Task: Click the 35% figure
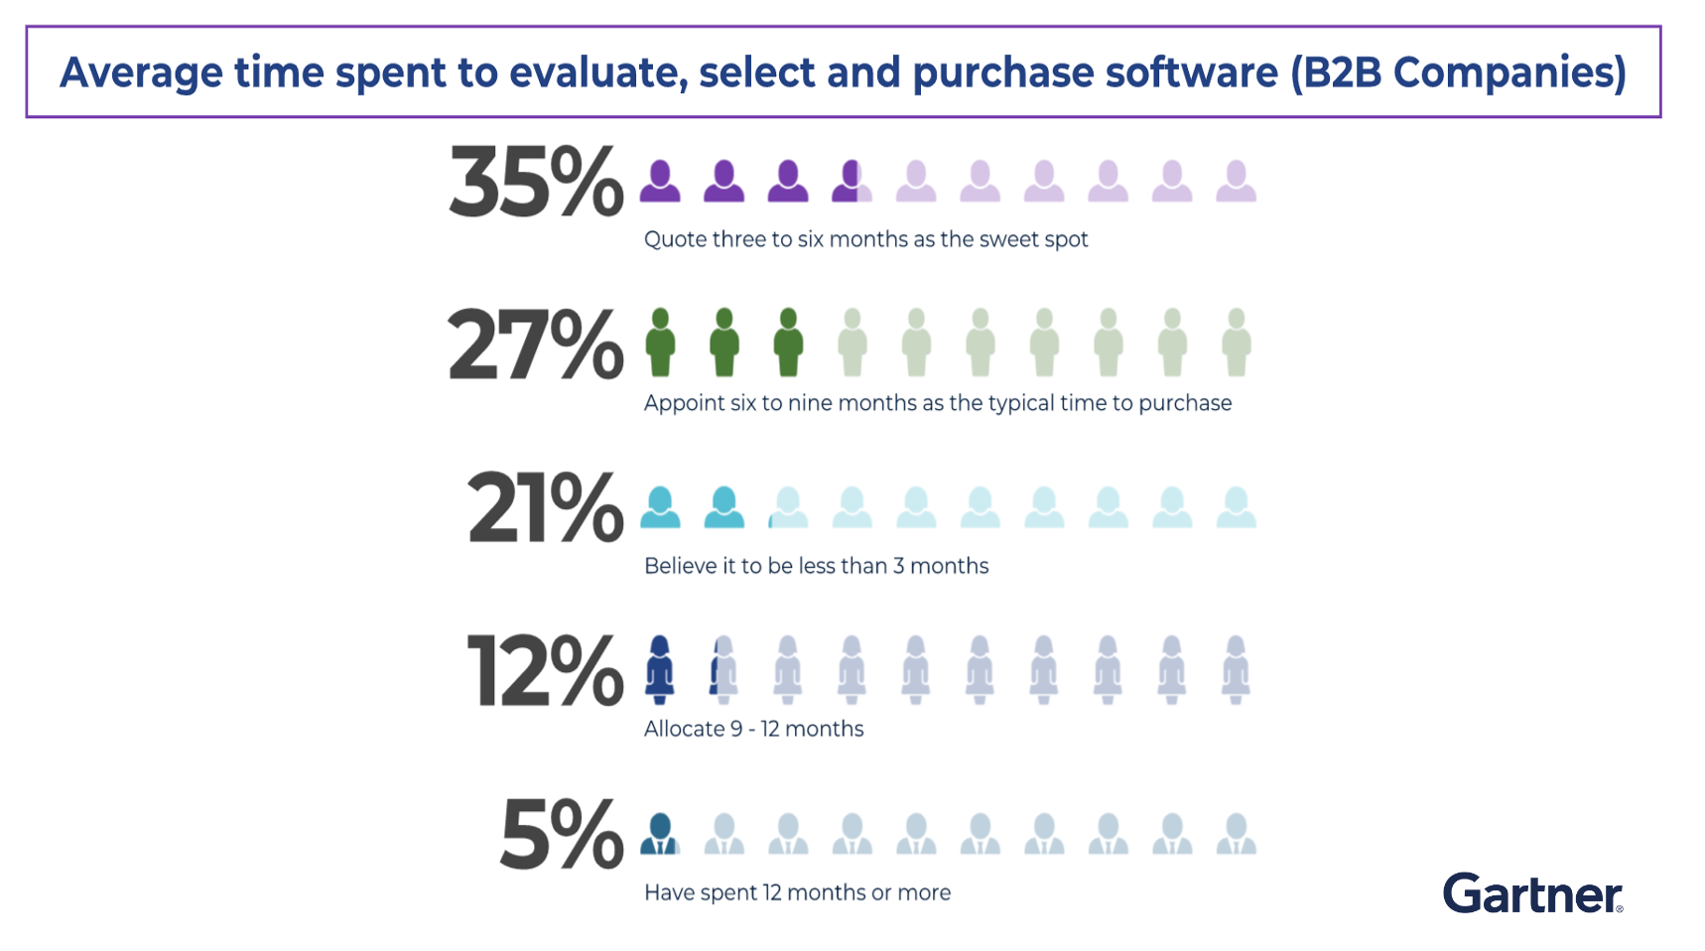click(x=536, y=182)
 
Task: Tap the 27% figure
click(x=536, y=344)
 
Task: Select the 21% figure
click(x=545, y=508)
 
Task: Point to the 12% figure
click(x=545, y=671)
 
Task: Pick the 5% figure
click(x=562, y=835)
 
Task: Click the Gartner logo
click(x=1532, y=893)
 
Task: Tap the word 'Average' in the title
click(x=141, y=72)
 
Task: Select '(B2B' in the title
click(x=1335, y=72)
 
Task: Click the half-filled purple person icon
click(x=852, y=181)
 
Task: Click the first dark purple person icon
click(x=660, y=181)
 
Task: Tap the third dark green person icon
click(x=788, y=342)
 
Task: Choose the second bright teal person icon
click(x=724, y=507)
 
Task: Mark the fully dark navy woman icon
click(x=660, y=670)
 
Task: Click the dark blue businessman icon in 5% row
click(x=660, y=834)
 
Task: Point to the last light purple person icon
click(x=1236, y=181)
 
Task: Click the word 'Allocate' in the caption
click(x=685, y=729)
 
